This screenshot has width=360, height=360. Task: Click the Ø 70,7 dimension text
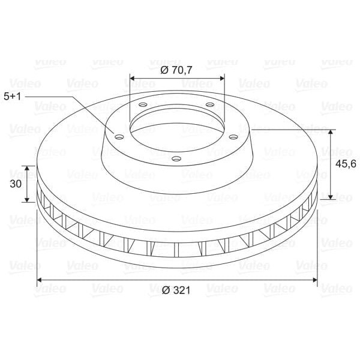coord(176,70)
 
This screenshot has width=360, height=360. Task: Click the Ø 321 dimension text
coord(176,290)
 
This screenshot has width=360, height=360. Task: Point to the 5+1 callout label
coord(13,97)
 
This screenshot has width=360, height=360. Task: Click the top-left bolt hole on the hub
coord(143,105)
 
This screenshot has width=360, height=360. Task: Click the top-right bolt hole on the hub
coord(210,105)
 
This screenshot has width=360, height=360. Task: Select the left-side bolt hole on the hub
coord(119,137)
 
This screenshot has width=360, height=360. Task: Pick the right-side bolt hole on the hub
coord(234,137)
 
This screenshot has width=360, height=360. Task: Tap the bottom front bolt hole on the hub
coord(176,158)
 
